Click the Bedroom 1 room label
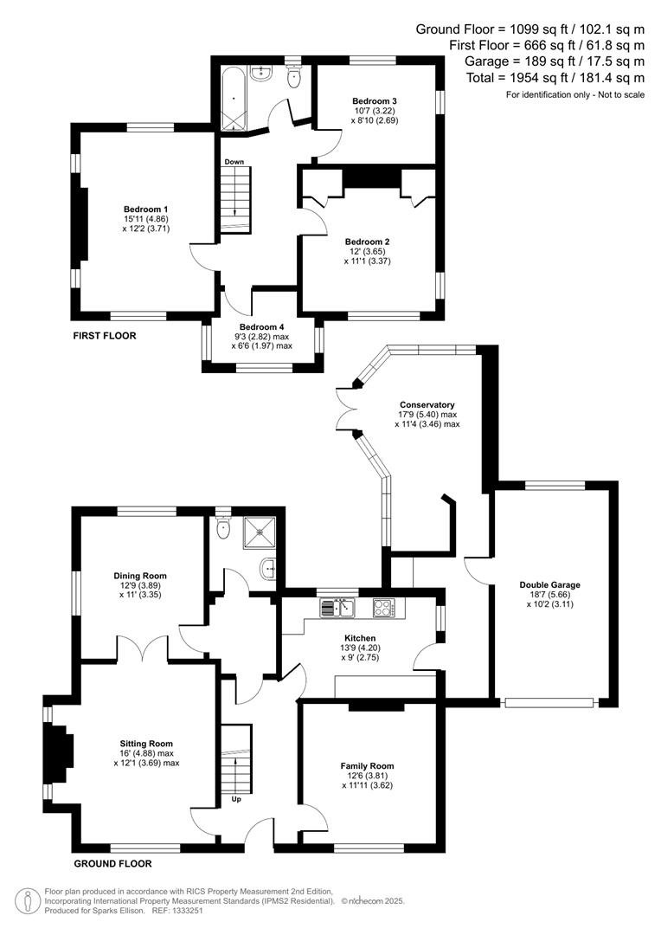145,210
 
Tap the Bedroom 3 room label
374,100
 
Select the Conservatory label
427,404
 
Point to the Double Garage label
549,585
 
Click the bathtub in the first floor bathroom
233,100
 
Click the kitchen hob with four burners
383,608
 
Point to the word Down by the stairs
234,162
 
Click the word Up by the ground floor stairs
236,799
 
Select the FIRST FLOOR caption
105,335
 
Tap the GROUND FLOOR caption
112,863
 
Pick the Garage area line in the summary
554,61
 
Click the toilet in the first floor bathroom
292,77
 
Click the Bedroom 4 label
261,326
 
